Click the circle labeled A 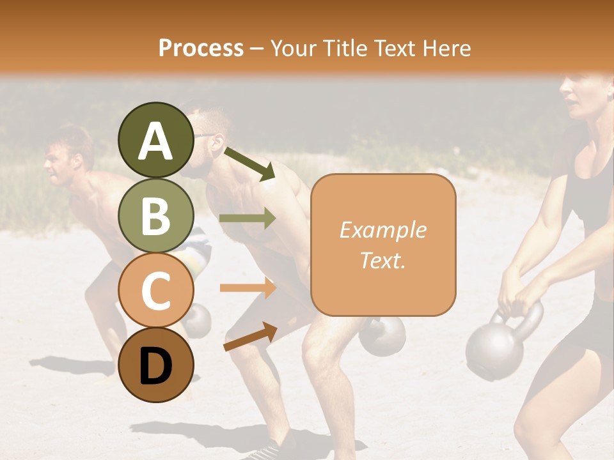(157, 140)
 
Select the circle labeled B (157, 215)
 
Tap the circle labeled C (157, 291)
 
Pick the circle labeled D (157, 365)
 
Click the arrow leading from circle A (249, 163)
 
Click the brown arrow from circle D (250, 337)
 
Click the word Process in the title (201, 48)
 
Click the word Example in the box (382, 230)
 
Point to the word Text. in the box (382, 260)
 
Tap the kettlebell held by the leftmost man (198, 319)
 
